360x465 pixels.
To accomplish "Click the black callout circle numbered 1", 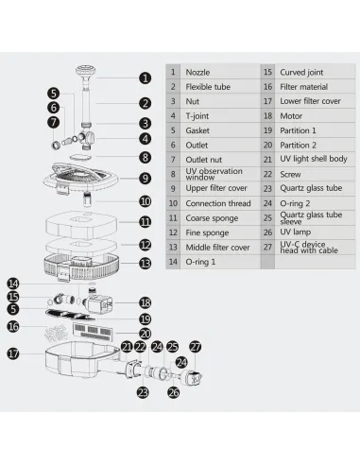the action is (x=145, y=78).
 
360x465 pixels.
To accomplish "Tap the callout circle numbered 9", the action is (x=145, y=179).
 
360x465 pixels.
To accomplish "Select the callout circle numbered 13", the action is (x=145, y=264).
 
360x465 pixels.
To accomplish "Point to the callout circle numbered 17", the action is (x=13, y=353).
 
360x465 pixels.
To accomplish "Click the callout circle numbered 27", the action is (x=196, y=347).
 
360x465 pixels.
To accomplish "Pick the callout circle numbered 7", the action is (x=54, y=122).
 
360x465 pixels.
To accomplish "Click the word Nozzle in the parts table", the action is (x=197, y=72).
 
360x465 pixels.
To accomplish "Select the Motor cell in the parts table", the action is (x=291, y=116).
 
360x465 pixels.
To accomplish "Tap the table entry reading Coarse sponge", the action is (x=212, y=218).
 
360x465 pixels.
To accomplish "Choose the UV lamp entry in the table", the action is (x=295, y=232).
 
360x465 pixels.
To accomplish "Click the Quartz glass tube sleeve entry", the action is (x=311, y=218).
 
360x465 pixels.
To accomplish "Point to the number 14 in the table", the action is (x=173, y=262).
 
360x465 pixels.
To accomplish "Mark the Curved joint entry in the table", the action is (x=301, y=72).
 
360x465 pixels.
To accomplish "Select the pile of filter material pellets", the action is (x=56, y=333).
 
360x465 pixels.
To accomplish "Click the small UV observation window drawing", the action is (x=81, y=157).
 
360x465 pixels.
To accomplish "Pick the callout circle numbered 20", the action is (x=145, y=334).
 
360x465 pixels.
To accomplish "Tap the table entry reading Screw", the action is (x=290, y=174).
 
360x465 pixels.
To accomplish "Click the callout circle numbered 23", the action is (x=143, y=392).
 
